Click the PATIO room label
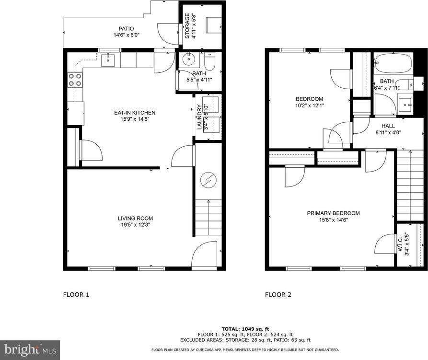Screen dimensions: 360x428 click(124, 28)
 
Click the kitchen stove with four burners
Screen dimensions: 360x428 click(74, 80)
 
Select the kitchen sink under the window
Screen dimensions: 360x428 click(108, 59)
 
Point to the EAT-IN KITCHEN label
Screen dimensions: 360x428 click(134, 113)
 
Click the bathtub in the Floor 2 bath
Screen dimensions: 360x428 click(393, 62)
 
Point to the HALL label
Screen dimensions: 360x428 click(388, 126)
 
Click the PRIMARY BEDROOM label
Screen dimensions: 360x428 click(333, 213)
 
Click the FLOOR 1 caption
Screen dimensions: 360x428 click(76, 295)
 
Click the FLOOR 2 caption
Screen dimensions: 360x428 click(278, 295)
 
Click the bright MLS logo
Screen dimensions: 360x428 click(30, 349)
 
